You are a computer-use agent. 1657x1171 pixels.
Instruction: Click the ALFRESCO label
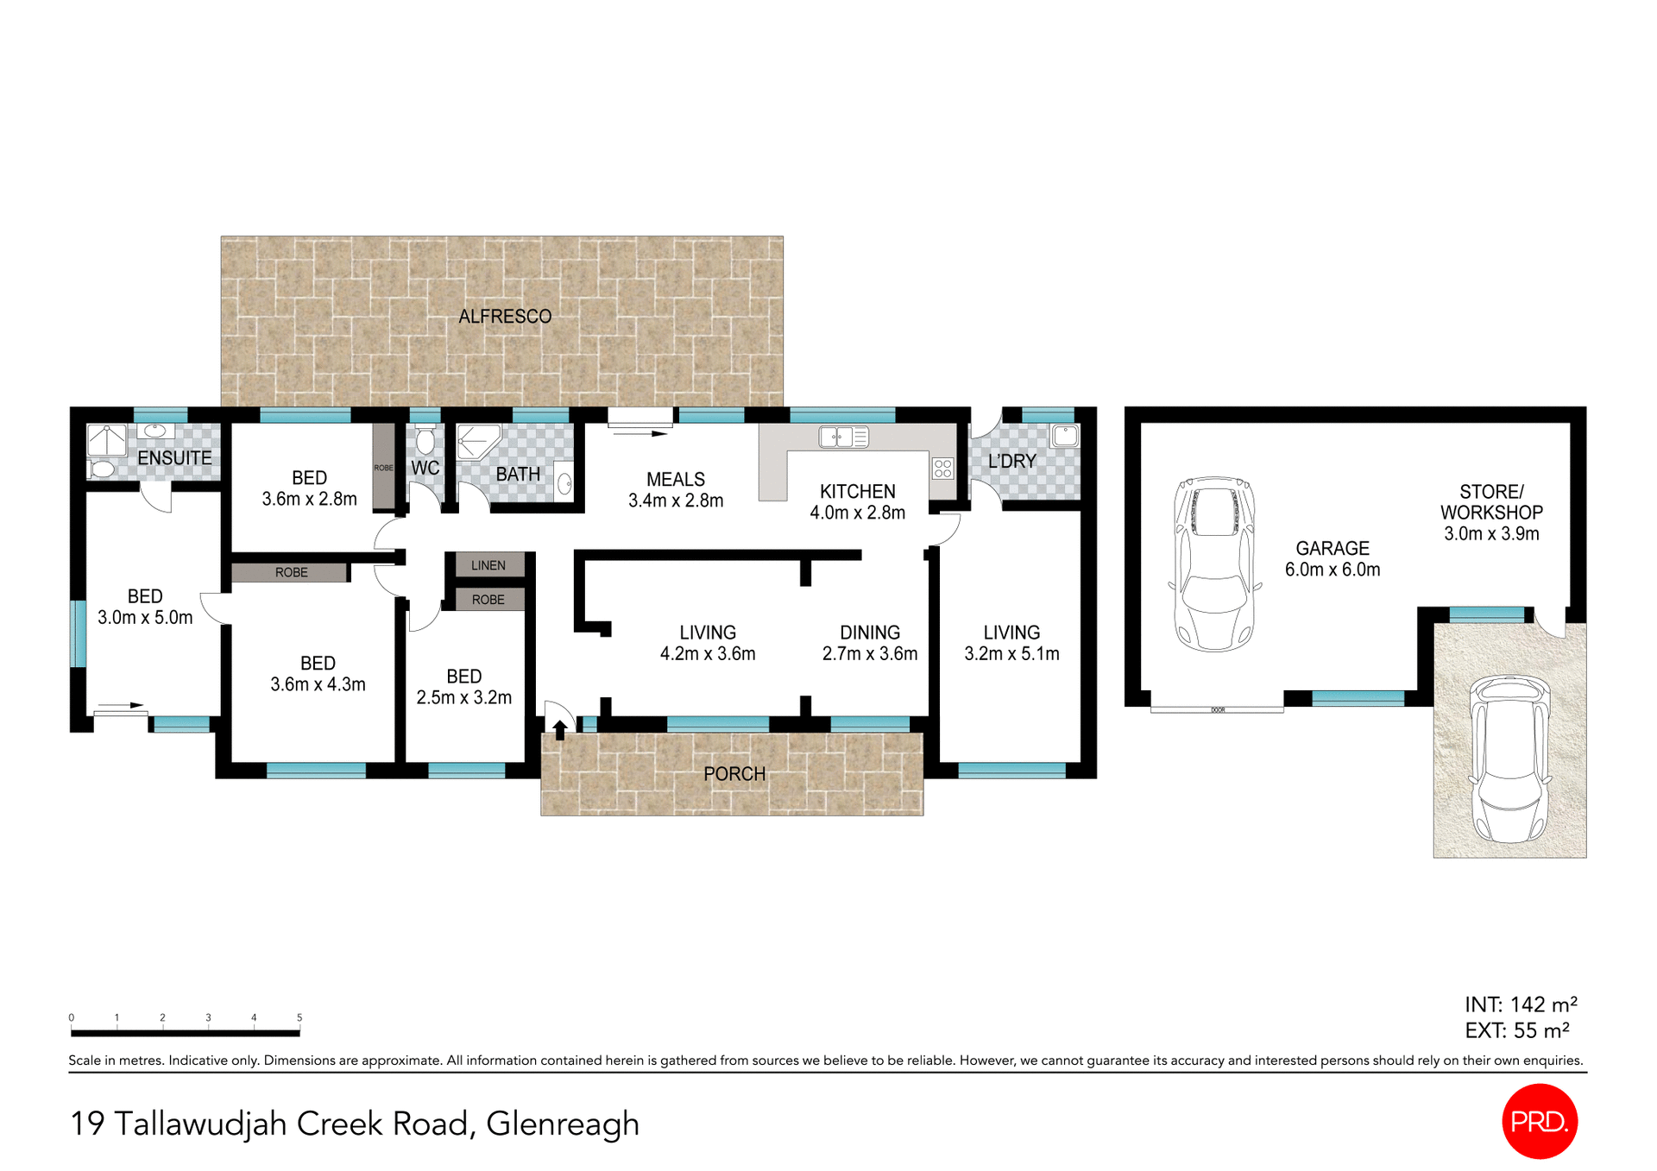(x=505, y=317)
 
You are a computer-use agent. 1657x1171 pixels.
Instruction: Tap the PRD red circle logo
(x=1540, y=1121)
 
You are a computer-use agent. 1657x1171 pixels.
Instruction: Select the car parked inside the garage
(x=1214, y=563)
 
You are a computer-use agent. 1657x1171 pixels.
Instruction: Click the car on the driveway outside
(x=1509, y=759)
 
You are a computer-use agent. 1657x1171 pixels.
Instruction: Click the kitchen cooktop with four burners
(x=942, y=469)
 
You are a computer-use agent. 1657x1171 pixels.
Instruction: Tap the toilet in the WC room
(x=425, y=441)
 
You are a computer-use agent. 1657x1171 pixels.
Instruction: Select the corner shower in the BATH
(x=475, y=442)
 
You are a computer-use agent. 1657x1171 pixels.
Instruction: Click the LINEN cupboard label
(x=488, y=565)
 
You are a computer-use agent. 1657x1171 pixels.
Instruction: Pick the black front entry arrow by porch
(x=560, y=730)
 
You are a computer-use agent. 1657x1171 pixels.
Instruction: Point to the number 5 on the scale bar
(x=299, y=1017)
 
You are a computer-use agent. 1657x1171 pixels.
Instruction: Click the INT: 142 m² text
(x=1521, y=1004)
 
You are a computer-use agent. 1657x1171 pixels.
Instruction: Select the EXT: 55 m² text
(x=1516, y=1030)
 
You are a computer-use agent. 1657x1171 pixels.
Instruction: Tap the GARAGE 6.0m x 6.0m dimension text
(x=1332, y=570)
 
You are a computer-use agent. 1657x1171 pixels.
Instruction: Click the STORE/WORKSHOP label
(x=1491, y=501)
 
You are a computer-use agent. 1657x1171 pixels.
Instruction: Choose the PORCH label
(x=734, y=774)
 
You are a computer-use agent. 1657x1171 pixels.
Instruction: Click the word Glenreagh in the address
(x=562, y=1124)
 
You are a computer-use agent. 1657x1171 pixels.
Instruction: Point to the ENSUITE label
(x=174, y=458)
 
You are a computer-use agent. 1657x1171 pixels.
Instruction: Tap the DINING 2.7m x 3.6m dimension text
(x=869, y=653)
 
